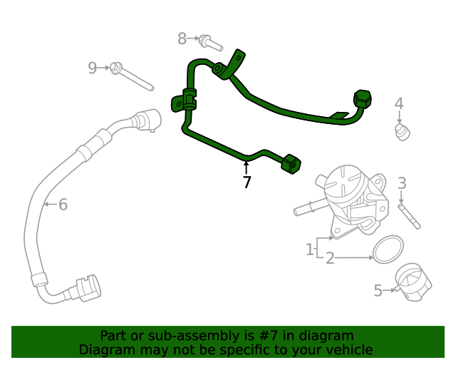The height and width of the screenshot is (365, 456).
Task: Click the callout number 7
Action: click(247, 182)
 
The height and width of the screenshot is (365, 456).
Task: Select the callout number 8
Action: click(182, 38)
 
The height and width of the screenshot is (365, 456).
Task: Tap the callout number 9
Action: click(92, 68)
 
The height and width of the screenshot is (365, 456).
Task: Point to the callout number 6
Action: click(63, 205)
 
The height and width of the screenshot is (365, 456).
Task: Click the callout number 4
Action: click(399, 104)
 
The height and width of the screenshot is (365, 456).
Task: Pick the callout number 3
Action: click(402, 183)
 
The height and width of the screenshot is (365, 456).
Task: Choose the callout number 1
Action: click(310, 250)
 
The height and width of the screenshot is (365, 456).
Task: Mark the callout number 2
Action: click(330, 258)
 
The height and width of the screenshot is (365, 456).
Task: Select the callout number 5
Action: click(378, 290)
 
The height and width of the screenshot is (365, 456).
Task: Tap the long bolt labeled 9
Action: click(133, 78)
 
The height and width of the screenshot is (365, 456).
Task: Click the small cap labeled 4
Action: click(402, 131)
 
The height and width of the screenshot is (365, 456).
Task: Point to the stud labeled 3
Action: click(410, 216)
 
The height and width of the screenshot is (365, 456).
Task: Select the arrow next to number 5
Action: click(390, 289)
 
